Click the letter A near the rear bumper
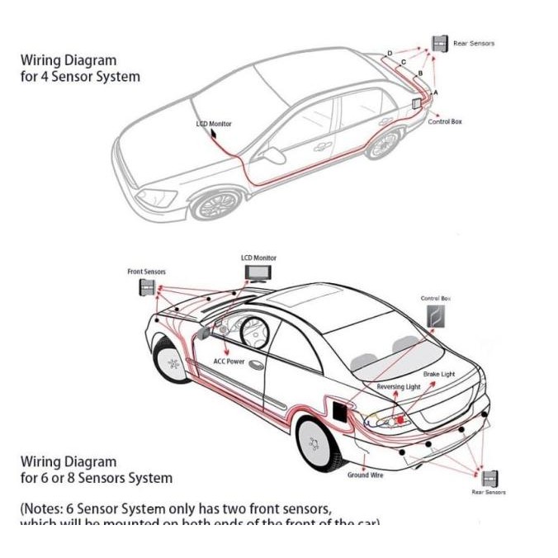[x=436, y=92]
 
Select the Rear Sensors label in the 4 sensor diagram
[x=474, y=43]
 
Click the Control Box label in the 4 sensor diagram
[x=445, y=121]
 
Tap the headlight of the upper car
[x=157, y=198]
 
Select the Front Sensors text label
[x=146, y=272]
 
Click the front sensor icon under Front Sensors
[x=147, y=287]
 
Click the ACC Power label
[x=229, y=362]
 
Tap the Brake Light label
[x=438, y=374]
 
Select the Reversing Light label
[x=399, y=386]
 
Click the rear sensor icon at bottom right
[x=490, y=478]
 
